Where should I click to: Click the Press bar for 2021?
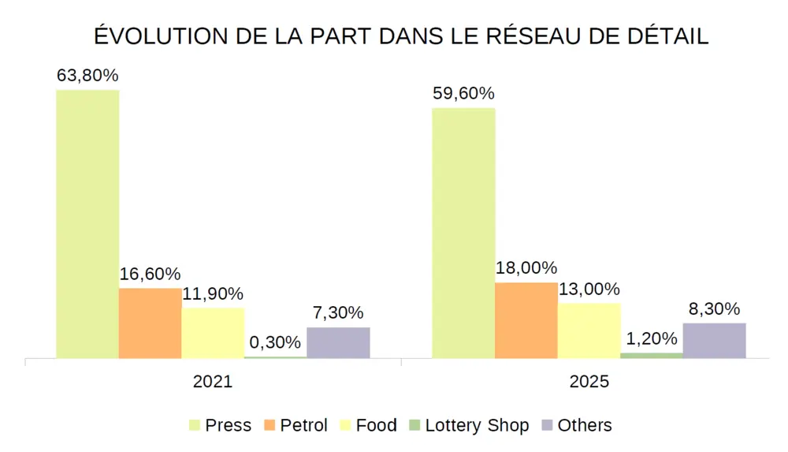coord(87,224)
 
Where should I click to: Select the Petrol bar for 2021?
coord(150,323)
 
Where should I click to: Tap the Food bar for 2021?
coord(213,333)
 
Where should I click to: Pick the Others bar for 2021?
coord(338,343)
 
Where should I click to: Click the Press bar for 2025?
coord(463,233)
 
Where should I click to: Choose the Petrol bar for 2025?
coord(526,320)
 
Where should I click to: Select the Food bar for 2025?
coord(589,331)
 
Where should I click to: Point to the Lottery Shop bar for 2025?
coord(651,356)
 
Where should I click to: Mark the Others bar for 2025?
coord(714,341)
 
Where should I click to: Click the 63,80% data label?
coord(87,76)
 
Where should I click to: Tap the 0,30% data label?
coord(275,342)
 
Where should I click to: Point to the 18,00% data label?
coord(526,268)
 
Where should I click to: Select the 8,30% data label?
coord(714,308)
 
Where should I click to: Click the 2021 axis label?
coord(213,382)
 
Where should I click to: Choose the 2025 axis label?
coord(589,382)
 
